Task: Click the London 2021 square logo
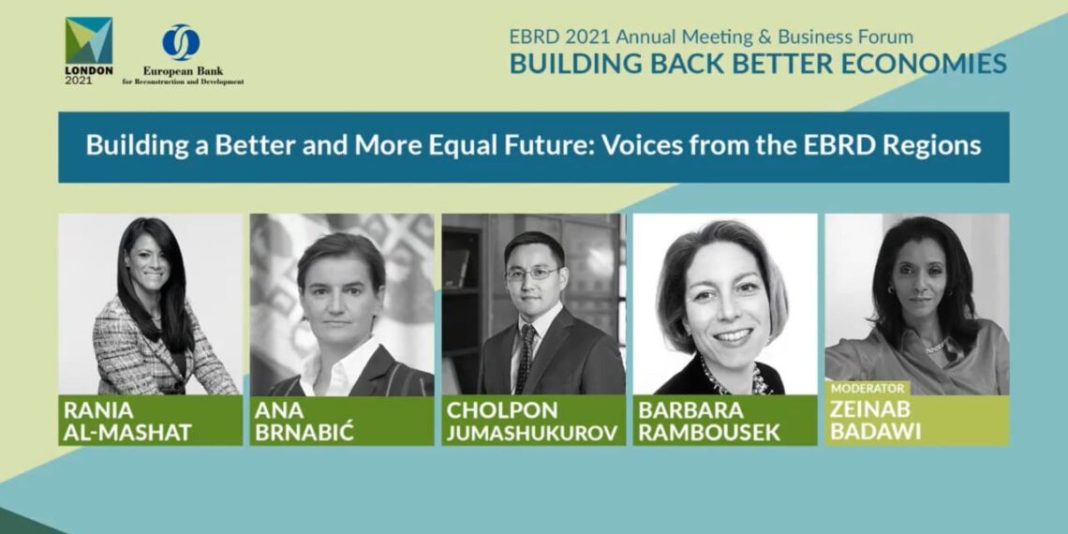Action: pyautogui.click(x=89, y=41)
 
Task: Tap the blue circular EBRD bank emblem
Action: pyautogui.click(x=181, y=42)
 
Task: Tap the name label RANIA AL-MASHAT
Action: pyautogui.click(x=127, y=421)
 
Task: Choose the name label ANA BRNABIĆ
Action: pyautogui.click(x=304, y=421)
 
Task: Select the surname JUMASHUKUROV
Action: pyautogui.click(x=532, y=433)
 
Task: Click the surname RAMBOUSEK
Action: pyautogui.click(x=708, y=433)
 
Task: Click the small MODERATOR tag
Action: pyautogui.click(x=868, y=388)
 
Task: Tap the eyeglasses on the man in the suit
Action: pyautogui.click(x=533, y=274)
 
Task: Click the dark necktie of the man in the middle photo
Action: pyautogui.click(x=526, y=357)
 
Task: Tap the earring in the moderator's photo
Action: pyautogui.click(x=890, y=290)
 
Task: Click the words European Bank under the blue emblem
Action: pyautogui.click(x=183, y=71)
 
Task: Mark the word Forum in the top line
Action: pyautogui.click(x=887, y=37)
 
